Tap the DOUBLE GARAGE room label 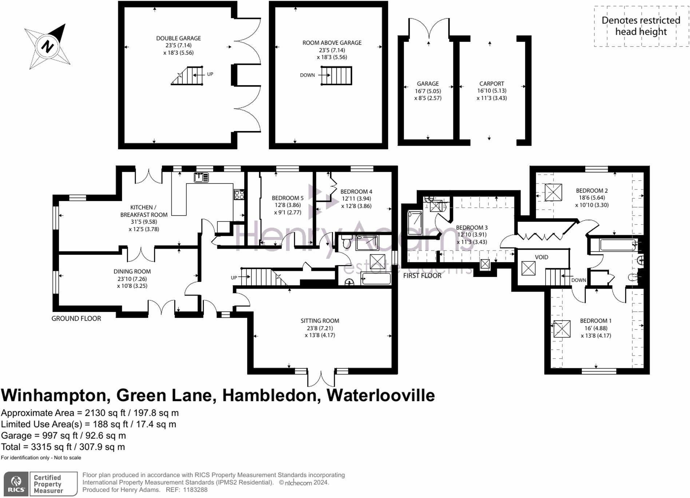click(x=178, y=38)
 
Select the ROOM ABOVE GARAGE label click(x=332, y=43)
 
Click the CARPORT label click(x=492, y=83)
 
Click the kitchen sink click(x=201, y=177)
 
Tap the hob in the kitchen click(x=239, y=195)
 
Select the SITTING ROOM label click(x=320, y=321)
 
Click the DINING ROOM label click(x=132, y=271)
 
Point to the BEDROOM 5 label click(x=287, y=198)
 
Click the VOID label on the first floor click(x=542, y=257)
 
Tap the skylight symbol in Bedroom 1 click(x=562, y=329)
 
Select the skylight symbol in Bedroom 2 click(x=553, y=192)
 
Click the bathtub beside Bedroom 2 click(x=618, y=245)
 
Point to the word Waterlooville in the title click(x=381, y=395)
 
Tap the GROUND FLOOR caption click(x=76, y=319)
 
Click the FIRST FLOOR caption click(x=422, y=276)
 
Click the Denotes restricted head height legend click(x=641, y=26)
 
